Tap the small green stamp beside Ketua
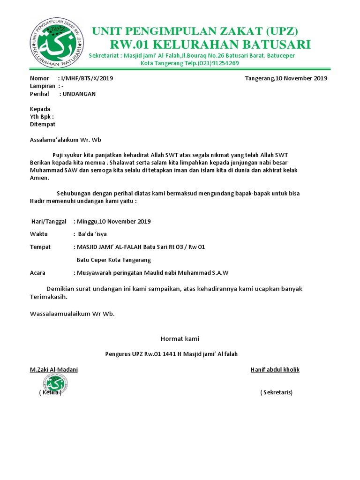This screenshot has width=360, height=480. tap(57, 384)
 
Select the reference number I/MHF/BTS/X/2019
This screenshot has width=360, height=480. tap(87, 78)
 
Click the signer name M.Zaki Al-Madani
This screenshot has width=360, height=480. tap(54, 370)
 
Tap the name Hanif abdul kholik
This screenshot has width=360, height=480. tap(275, 370)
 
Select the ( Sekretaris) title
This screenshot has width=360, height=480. tap(276, 392)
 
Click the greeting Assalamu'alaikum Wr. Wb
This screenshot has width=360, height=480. tap(66, 140)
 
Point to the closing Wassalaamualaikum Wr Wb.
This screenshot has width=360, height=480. tap(72, 314)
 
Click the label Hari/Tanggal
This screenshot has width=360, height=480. tap(49, 221)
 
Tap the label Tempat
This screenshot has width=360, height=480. tap(40, 247)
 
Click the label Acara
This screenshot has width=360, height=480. tap(37, 272)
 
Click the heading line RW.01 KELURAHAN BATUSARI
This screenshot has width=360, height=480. tap(210, 45)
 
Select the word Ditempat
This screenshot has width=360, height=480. tap(43, 124)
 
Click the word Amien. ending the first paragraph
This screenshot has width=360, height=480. tap(39, 178)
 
